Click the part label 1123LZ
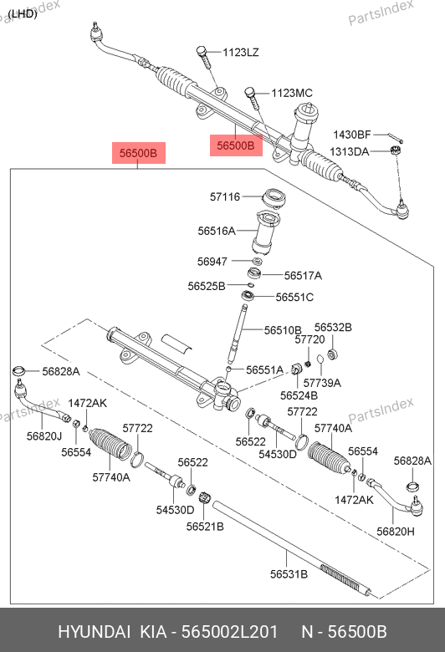240,53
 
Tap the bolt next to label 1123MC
252,99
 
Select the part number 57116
225,196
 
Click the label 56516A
217,231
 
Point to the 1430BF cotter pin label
352,135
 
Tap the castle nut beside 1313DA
396,150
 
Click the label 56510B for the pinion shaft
283,330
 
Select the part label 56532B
333,328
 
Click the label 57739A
322,383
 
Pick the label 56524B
299,395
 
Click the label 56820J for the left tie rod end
44,436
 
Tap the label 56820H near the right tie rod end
396,532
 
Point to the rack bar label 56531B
289,574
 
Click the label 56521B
205,527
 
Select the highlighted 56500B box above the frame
139,153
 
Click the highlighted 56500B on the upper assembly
236,145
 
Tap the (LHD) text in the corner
23,14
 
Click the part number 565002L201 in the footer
230,632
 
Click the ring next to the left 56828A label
19,369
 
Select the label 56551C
294,298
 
